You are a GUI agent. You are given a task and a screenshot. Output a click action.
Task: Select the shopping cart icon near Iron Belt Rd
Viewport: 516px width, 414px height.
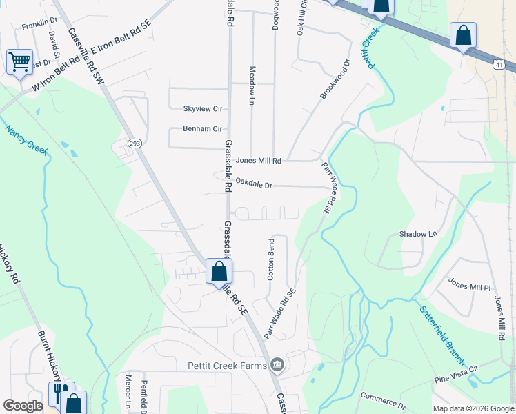tap(19, 62)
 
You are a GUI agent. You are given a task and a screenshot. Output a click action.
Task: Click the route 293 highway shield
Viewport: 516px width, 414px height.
tap(135, 144)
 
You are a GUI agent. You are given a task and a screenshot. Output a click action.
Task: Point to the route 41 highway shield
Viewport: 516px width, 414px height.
tap(507, 65)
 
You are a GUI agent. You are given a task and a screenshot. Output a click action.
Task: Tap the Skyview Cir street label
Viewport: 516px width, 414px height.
tap(202, 109)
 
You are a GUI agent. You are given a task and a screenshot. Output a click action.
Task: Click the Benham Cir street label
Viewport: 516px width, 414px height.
tap(202, 129)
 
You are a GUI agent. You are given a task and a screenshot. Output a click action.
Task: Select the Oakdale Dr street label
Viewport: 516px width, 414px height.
tap(255, 185)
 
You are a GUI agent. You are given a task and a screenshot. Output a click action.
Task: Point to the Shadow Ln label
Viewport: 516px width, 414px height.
tap(418, 235)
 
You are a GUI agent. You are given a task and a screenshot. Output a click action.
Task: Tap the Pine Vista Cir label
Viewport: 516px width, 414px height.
tap(455, 377)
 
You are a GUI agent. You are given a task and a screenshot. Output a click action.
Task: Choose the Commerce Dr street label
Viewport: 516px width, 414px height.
tap(383, 400)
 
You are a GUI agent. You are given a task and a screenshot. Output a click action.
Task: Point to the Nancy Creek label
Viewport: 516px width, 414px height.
tap(27, 140)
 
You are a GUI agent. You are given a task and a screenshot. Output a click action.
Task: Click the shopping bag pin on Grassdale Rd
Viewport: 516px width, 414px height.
tap(219, 271)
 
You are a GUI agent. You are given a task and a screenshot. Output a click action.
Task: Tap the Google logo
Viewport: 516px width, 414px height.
tap(23, 406)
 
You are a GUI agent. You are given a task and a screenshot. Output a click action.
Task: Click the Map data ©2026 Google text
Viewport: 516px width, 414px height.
tap(473, 408)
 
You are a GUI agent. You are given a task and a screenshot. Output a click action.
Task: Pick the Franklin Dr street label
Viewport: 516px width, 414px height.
tap(39, 26)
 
